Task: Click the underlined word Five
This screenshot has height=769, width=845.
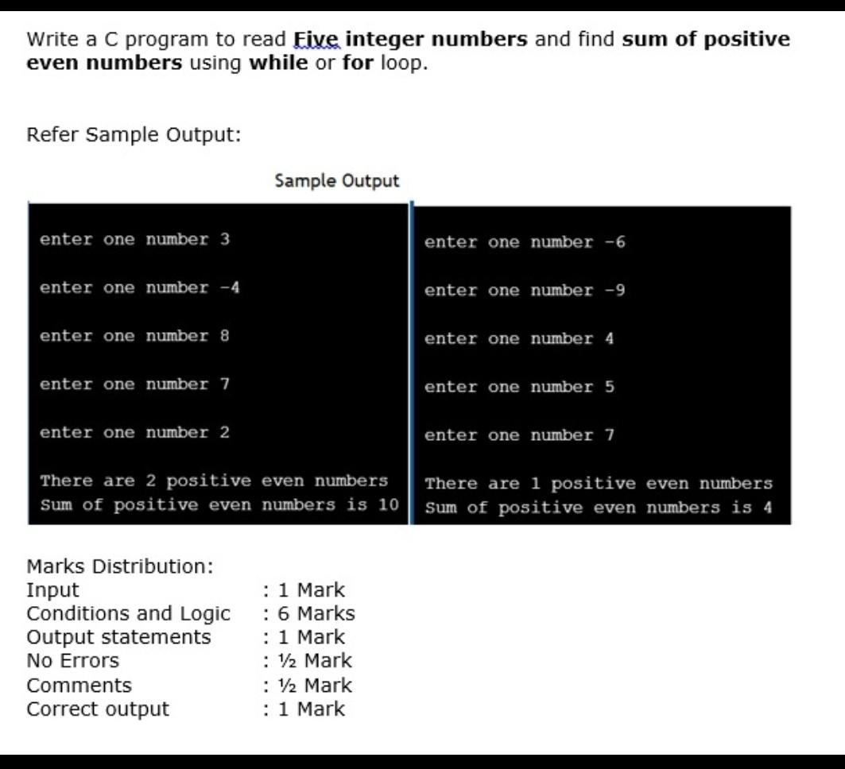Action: click(316, 39)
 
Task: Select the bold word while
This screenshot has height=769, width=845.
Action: click(278, 63)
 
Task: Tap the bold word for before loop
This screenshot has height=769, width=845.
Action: click(359, 63)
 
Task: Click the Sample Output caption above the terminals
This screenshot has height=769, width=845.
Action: click(336, 181)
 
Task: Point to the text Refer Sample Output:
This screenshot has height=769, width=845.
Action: click(134, 134)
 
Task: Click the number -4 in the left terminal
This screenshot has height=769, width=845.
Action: click(230, 288)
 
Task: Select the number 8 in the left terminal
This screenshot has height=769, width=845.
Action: click(225, 336)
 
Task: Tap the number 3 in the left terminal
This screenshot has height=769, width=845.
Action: click(225, 239)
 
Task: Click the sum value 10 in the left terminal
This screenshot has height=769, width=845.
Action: click(388, 504)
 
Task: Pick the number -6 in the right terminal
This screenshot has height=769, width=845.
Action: click(614, 242)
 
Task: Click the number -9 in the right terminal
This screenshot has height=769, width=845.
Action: click(614, 291)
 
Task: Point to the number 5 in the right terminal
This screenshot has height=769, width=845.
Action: click(610, 388)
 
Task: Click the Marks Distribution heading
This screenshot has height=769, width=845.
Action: click(120, 566)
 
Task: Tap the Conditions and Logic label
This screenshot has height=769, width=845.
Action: click(128, 613)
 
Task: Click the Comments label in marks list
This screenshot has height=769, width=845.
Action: click(79, 685)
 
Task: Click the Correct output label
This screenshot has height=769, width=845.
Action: click(98, 709)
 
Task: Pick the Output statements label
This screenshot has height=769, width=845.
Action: click(118, 637)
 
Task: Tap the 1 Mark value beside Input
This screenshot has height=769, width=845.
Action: click(311, 590)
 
